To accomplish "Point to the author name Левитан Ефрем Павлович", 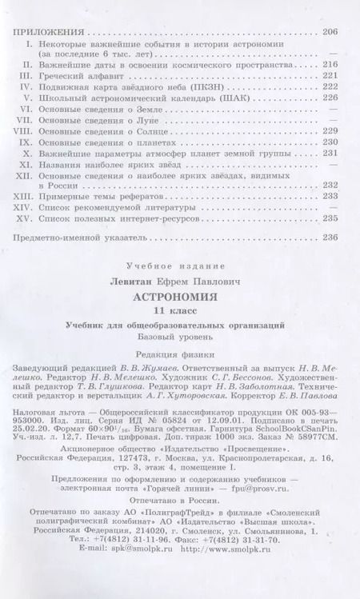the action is (x=179, y=280).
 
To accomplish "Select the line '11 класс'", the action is (x=179, y=309).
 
